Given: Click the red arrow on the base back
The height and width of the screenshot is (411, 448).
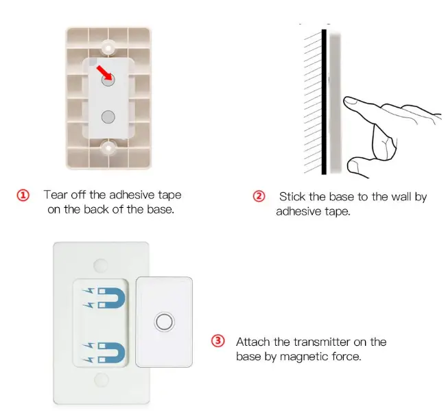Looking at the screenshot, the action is click(x=104, y=72).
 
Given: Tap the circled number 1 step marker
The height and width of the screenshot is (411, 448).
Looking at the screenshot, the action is click(x=23, y=196).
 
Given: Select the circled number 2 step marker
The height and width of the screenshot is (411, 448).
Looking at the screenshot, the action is click(x=259, y=196).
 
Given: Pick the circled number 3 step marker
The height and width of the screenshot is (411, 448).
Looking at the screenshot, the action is click(x=218, y=341).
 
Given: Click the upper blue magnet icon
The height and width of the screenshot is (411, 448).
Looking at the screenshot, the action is click(x=111, y=298).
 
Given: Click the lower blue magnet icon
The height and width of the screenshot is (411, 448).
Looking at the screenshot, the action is click(x=111, y=353).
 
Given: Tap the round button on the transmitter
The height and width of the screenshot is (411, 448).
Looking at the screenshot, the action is click(x=164, y=322).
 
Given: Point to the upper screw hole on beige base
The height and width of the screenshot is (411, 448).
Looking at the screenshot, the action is click(x=108, y=48).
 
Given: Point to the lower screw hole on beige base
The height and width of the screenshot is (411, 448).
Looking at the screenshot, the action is click(x=108, y=148).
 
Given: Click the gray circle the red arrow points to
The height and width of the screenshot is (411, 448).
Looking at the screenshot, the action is click(x=108, y=80).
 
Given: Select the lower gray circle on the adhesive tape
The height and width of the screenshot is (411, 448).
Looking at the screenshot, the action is click(x=108, y=117).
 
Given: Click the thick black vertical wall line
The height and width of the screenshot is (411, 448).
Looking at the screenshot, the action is click(x=324, y=102).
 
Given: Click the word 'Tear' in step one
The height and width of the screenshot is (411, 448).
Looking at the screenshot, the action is click(x=56, y=195).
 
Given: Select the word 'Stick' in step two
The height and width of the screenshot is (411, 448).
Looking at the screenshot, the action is click(x=292, y=197).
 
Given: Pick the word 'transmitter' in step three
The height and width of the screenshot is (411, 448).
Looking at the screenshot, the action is click(x=322, y=342).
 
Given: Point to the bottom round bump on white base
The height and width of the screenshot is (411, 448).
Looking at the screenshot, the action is click(x=101, y=379).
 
